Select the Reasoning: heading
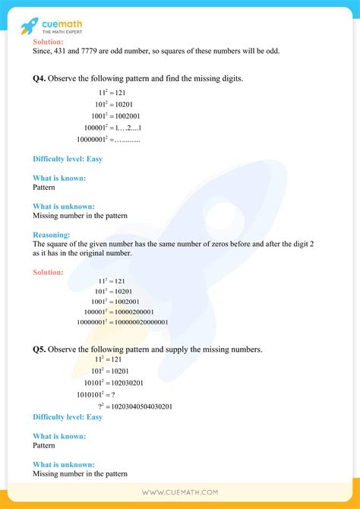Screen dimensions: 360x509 (x=52, y=235)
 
